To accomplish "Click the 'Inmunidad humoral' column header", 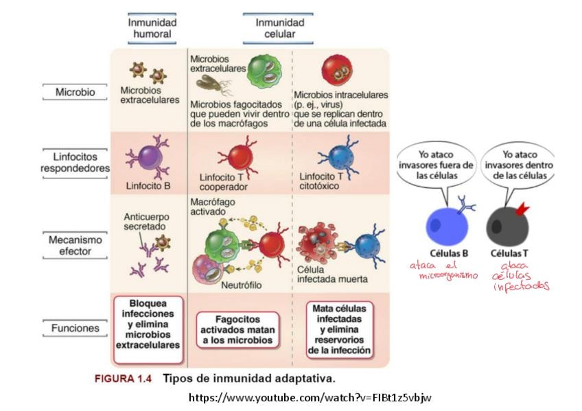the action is (152, 28).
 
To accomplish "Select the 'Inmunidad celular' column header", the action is (279, 28).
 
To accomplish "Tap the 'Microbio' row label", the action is (75, 92).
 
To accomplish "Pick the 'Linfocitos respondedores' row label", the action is (75, 163).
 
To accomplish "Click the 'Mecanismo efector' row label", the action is (75, 246).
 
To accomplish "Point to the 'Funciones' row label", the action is (75, 328).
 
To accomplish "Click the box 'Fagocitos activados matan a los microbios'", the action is (237, 330).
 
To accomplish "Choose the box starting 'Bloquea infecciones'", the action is (148, 329).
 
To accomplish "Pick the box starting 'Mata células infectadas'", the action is (339, 329).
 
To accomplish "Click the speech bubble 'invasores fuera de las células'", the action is (436, 165).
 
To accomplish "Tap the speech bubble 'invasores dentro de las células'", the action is (520, 165).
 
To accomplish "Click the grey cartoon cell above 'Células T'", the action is (507, 226).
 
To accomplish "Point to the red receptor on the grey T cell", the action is (522, 209).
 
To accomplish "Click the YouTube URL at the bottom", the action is (310, 398).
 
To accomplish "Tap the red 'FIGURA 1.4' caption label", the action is (124, 379).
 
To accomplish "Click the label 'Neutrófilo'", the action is (242, 285).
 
